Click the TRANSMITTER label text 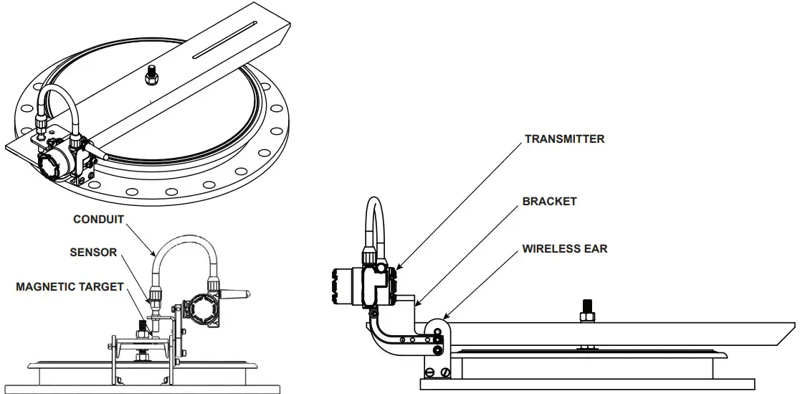coord(564,139)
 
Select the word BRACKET coord(551,202)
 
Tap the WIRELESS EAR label coord(564,249)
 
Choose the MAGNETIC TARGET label coord(70,287)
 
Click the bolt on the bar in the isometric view coord(151,74)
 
